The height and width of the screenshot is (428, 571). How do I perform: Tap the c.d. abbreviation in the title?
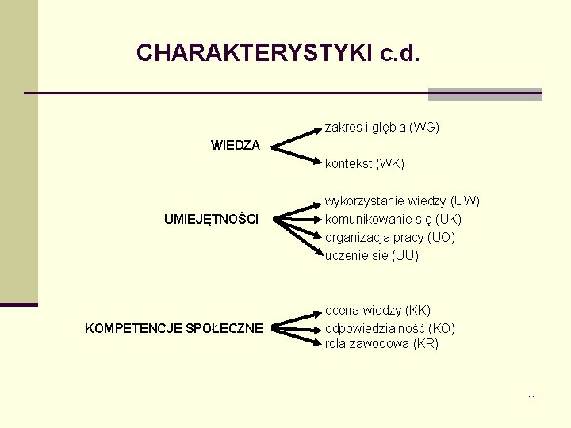(x=400, y=53)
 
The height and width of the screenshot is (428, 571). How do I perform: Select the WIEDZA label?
(x=235, y=146)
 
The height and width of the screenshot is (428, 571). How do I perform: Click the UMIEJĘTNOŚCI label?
(x=211, y=219)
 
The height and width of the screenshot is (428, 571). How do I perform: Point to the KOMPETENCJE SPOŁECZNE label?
(x=174, y=328)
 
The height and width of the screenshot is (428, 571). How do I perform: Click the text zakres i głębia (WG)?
(x=382, y=127)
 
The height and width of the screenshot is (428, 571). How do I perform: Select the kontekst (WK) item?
(x=365, y=164)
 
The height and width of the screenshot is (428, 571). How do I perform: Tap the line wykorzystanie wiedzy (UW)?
(x=403, y=201)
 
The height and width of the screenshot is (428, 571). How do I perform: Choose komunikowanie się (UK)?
(x=393, y=219)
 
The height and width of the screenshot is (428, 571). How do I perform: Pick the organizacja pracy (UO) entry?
(x=390, y=237)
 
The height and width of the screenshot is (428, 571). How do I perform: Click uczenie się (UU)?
(x=372, y=255)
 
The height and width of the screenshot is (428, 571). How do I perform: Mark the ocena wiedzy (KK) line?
(x=378, y=310)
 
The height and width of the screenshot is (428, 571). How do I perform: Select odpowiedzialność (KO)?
(x=390, y=328)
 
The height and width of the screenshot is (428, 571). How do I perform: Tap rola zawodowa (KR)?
(x=381, y=344)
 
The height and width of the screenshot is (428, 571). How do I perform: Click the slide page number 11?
(x=532, y=397)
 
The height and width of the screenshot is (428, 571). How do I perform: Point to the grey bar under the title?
(x=485, y=94)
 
